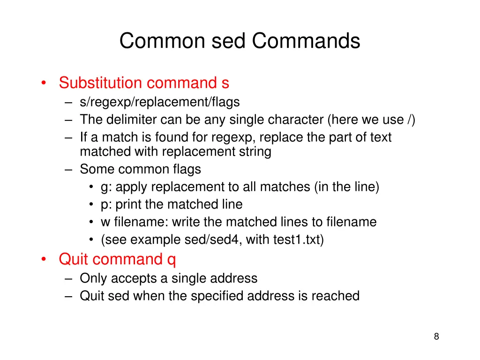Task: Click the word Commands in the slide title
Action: tap(306, 41)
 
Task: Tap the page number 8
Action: tap(436, 336)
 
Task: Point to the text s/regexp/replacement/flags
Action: tap(159, 102)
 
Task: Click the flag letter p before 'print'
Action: tap(104, 205)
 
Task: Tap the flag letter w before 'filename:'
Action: tap(105, 222)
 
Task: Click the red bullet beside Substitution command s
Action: tap(43, 83)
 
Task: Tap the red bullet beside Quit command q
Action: tap(43, 260)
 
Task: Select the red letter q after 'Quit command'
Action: tap(171, 260)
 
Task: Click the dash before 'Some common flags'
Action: tap(69, 169)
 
